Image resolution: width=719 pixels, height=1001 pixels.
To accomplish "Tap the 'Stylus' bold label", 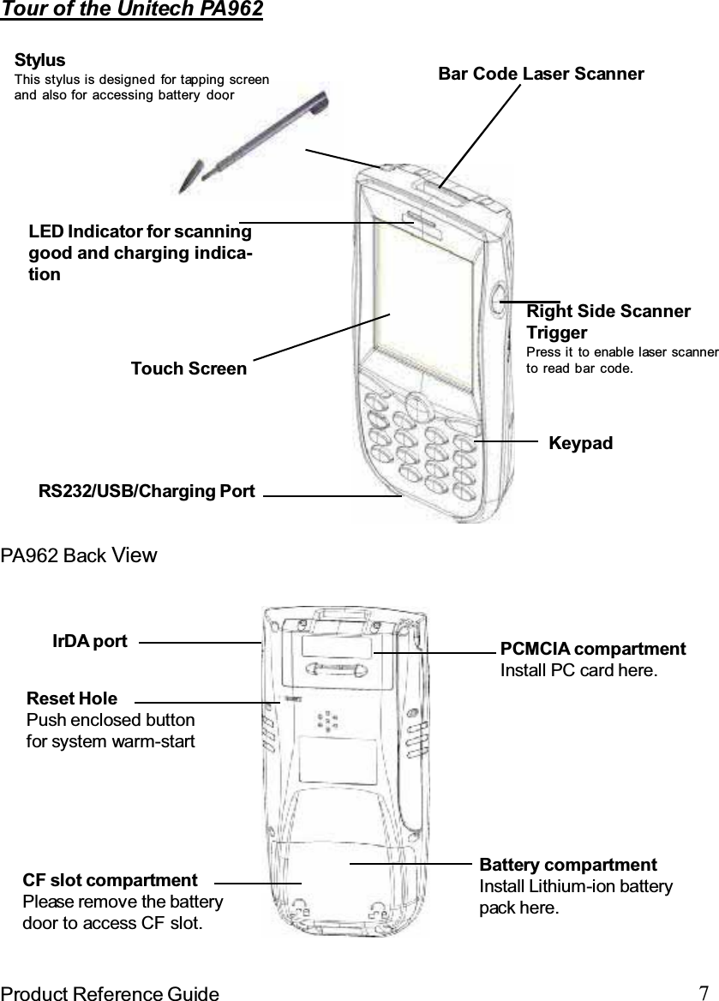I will pyautogui.click(x=40, y=61).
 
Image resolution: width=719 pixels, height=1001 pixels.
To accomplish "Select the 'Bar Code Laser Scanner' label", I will pyautogui.click(x=541, y=74).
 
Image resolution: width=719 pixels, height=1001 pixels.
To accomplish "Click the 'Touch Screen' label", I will pyautogui.click(x=189, y=369).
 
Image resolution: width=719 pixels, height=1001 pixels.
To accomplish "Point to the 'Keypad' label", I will pyautogui.click(x=580, y=443).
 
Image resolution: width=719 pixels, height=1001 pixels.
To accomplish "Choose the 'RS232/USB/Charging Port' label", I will pyautogui.click(x=147, y=491).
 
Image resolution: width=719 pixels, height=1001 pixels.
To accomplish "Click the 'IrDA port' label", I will pyautogui.click(x=90, y=641).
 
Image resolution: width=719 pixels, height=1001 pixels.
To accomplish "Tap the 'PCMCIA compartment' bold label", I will pyautogui.click(x=592, y=649).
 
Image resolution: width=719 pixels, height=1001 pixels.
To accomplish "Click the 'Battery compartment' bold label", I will pyautogui.click(x=568, y=865).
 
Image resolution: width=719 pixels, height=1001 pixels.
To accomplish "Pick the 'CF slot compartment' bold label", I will pyautogui.click(x=110, y=880).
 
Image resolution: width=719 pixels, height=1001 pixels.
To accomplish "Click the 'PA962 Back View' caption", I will pyautogui.click(x=79, y=555).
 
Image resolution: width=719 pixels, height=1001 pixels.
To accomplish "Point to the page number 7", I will pyautogui.click(x=703, y=992).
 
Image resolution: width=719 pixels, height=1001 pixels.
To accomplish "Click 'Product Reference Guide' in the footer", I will pyautogui.click(x=109, y=993).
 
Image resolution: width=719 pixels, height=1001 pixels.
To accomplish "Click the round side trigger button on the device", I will pyautogui.click(x=498, y=302).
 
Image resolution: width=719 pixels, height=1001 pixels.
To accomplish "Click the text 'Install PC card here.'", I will pyautogui.click(x=579, y=669).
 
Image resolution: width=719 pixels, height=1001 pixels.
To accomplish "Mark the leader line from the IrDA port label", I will pyautogui.click(x=200, y=642).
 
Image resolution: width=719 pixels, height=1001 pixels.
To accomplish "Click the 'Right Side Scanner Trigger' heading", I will pyautogui.click(x=608, y=321).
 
